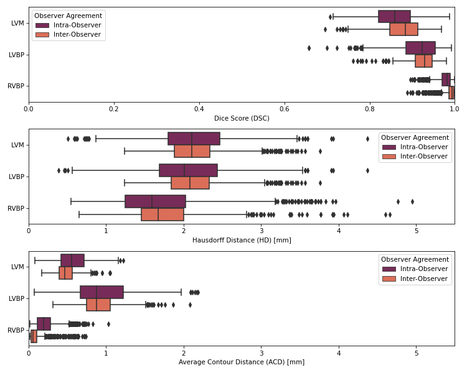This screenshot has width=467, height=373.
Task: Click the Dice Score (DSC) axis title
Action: [x=242, y=118]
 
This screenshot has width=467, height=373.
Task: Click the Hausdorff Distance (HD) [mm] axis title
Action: [x=242, y=240]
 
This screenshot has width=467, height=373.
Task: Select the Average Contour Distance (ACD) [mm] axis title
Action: [x=242, y=362]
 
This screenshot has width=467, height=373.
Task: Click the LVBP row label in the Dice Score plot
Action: [x=17, y=55]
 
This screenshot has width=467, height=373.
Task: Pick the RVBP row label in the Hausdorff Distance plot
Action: [x=17, y=208]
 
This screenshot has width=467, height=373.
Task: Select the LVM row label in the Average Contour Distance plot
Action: [x=17, y=267]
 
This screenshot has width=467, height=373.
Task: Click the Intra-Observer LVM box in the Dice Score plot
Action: [x=394, y=17]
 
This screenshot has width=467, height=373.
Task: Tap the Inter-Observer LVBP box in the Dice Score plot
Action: [x=423, y=61]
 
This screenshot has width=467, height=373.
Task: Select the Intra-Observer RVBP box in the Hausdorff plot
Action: [x=155, y=201]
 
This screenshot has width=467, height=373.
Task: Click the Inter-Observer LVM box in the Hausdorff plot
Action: [x=192, y=151]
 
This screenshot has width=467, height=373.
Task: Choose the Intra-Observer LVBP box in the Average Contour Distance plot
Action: [x=101, y=292]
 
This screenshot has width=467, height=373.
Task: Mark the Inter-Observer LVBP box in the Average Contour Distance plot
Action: [x=98, y=305]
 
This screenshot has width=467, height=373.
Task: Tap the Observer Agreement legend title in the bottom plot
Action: [x=415, y=259]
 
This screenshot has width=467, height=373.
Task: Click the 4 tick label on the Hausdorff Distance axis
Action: [x=339, y=230]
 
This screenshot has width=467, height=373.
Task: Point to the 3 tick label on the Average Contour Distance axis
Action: [x=262, y=352]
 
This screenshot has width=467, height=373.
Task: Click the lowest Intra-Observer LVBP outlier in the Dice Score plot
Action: [x=309, y=48]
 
